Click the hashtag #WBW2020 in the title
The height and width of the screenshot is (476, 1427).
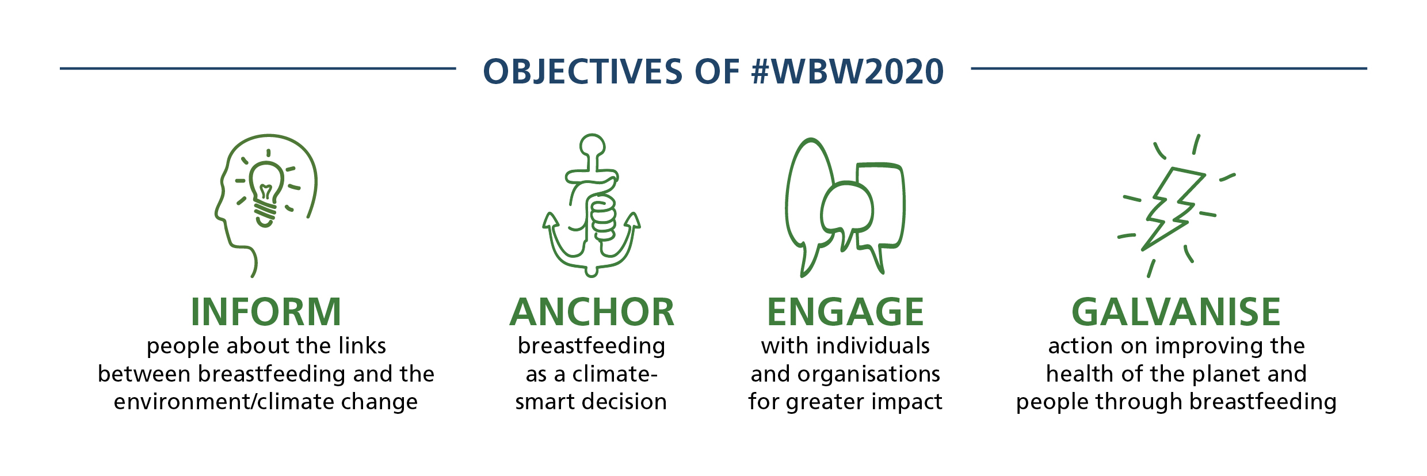[x=848, y=72]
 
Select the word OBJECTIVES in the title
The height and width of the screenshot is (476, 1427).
[x=582, y=72]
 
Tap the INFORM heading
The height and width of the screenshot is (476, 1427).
[x=266, y=312]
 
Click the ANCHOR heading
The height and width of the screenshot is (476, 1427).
[x=592, y=312]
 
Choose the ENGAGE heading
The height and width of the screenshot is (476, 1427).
[x=845, y=312]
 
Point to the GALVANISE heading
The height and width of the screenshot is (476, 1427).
[x=1176, y=312]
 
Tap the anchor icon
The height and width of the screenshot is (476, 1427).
[x=592, y=205]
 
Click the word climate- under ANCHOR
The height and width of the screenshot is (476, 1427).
[x=615, y=374]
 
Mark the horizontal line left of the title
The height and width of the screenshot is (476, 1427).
[x=258, y=68]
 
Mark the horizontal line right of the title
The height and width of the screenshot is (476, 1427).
[x=1169, y=68]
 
